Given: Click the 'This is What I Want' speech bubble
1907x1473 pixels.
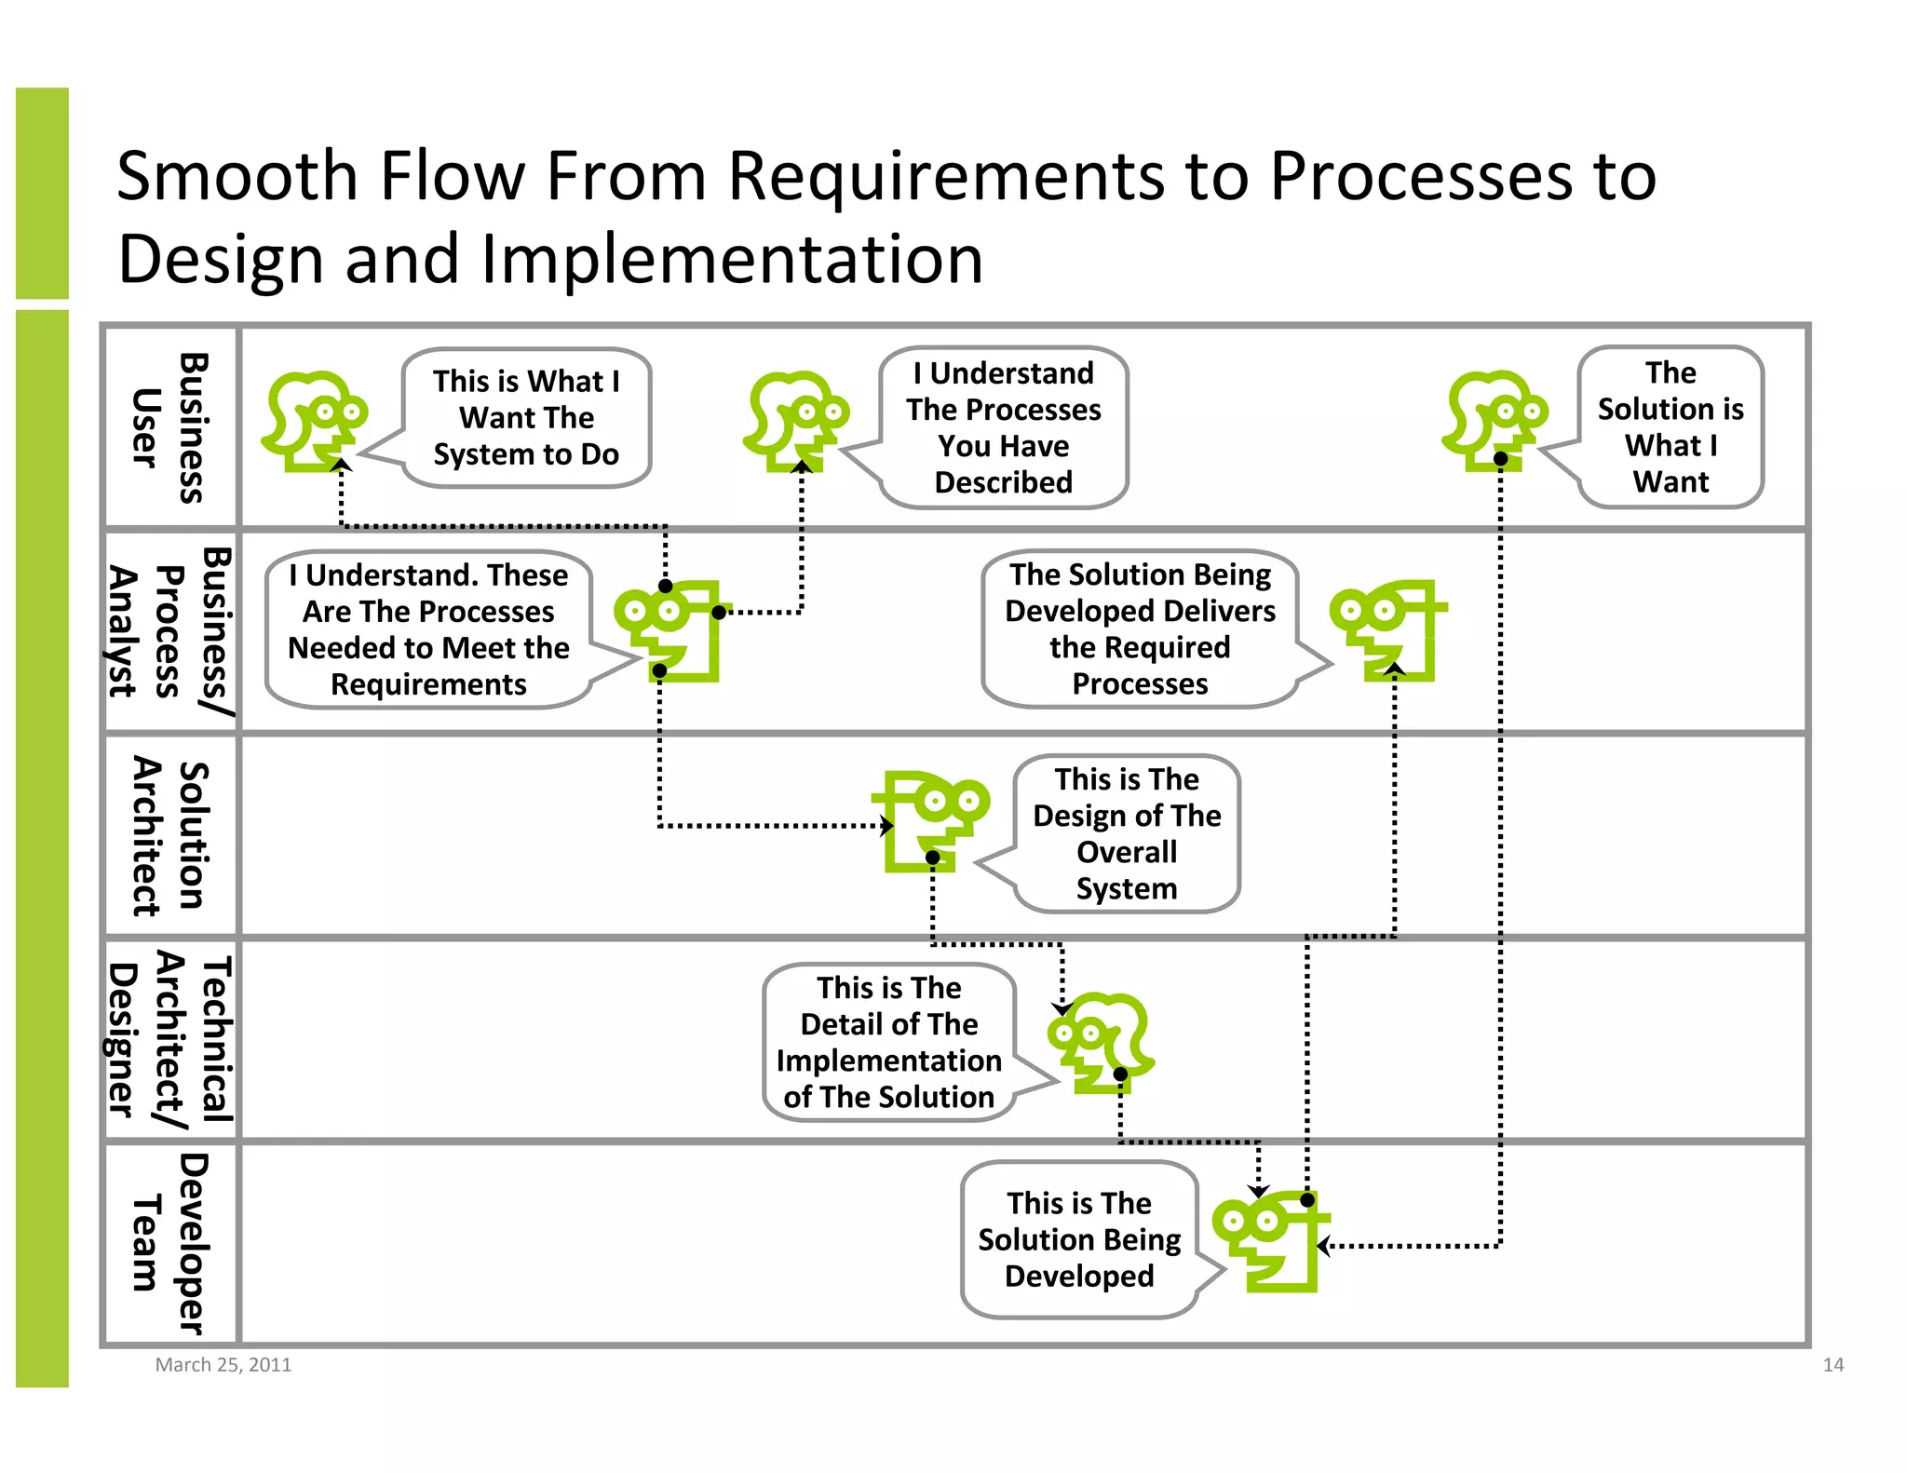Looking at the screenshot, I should (526, 417).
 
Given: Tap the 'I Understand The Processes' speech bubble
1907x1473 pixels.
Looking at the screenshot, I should (1003, 427).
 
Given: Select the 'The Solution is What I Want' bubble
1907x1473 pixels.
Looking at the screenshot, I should (1670, 427).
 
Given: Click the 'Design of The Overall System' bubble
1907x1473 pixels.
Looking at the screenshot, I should (1127, 833).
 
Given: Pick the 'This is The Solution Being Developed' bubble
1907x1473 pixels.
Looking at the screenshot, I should (1079, 1239).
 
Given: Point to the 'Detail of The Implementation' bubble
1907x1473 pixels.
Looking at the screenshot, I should (889, 1042).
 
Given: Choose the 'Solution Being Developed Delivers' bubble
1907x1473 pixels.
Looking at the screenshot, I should (1140, 628).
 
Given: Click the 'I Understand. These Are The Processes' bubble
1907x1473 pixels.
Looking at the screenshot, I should (428, 629).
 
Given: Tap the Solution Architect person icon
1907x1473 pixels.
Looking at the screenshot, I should (931, 820).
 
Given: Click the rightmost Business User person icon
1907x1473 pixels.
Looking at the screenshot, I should (1494, 421).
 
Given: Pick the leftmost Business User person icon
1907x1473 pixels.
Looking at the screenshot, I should (314, 421).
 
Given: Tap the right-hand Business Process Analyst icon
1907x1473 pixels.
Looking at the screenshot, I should (1388, 630).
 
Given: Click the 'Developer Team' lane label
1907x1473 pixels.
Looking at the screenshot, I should (170, 1243).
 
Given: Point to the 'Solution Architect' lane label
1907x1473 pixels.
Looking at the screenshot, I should (170, 835).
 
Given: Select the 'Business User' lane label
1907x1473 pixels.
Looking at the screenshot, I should (170, 427).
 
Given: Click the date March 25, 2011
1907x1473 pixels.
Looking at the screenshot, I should (223, 1365).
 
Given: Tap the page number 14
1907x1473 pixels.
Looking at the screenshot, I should (1833, 1365).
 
